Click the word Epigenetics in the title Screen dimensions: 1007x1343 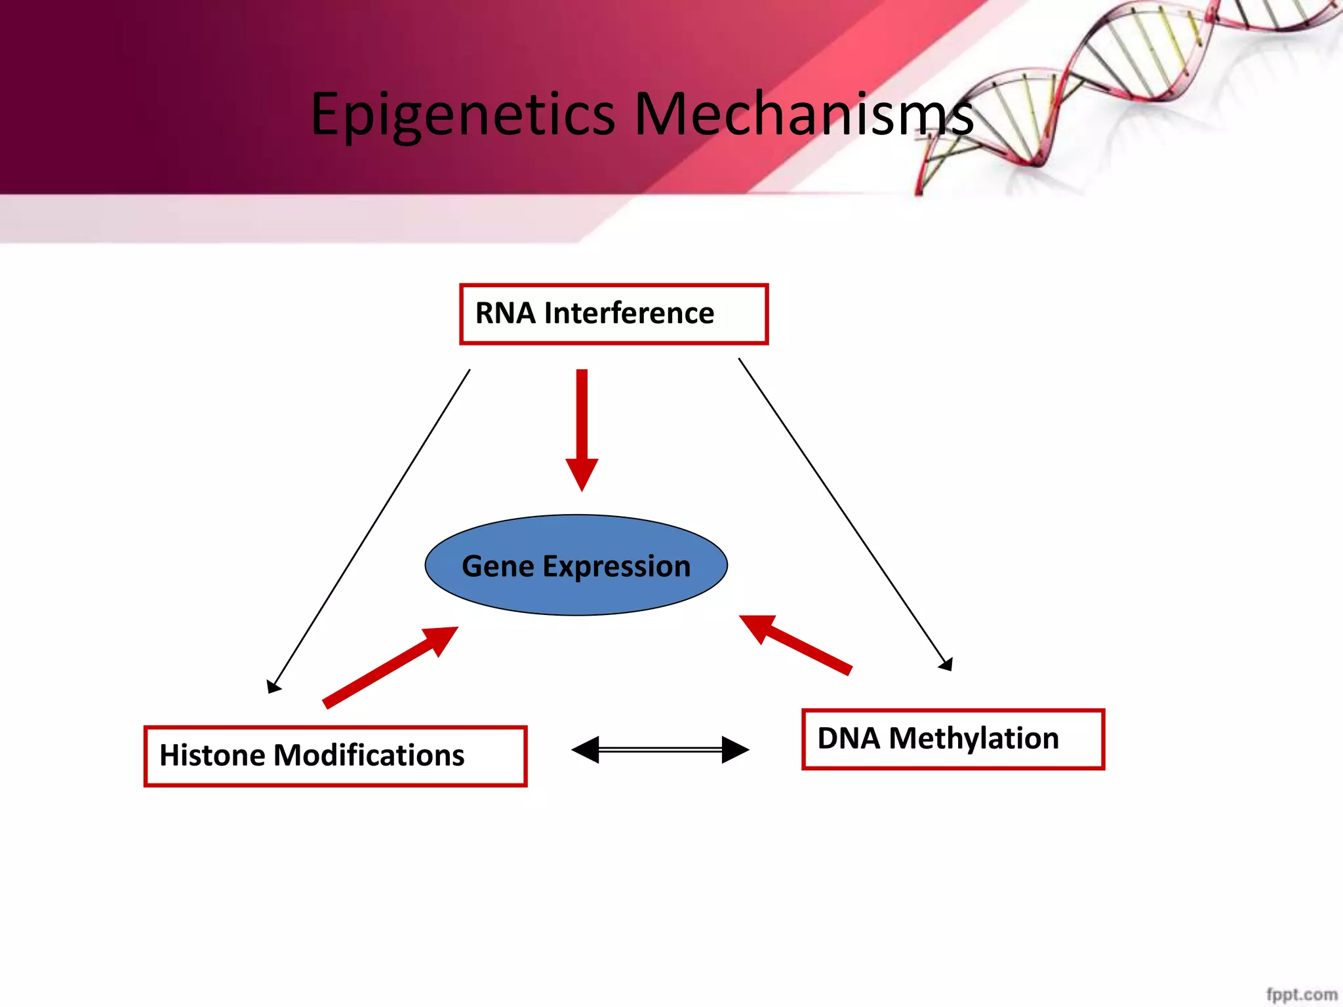pyautogui.click(x=462, y=115)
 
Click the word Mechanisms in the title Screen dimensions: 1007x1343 pyautogui.click(x=803, y=115)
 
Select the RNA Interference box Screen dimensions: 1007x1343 pyautogui.click(x=613, y=314)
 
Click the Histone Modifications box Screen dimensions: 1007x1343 pyautogui.click(x=335, y=756)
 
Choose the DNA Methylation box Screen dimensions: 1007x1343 pyautogui.click(x=953, y=739)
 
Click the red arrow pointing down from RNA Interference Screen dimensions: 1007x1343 pyautogui.click(x=582, y=426)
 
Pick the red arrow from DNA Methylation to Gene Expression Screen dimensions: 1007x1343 pyautogui.click(x=797, y=644)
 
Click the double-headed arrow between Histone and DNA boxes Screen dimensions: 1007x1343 pyautogui.click(x=660, y=749)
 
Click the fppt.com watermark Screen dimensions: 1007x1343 pyautogui.click(x=1301, y=994)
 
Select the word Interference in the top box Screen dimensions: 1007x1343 pyautogui.click(x=628, y=313)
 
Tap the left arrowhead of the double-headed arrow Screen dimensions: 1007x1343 pyautogui.click(x=586, y=749)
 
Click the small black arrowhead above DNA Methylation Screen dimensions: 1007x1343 pyautogui.click(x=946, y=665)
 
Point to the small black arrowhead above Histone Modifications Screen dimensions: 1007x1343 pyautogui.click(x=273, y=686)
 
